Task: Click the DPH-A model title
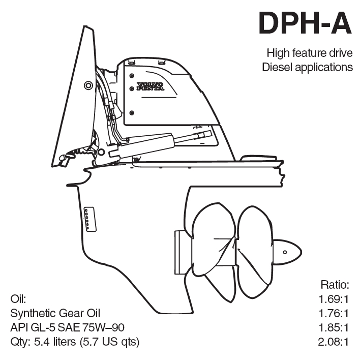304,23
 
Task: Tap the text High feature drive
310,53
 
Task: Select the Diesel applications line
307,67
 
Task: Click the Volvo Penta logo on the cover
150,86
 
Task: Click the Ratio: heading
336,283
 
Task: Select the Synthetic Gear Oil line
55,312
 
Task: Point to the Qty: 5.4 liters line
75,341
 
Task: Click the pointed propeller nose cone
288,252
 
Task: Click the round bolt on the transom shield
88,84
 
